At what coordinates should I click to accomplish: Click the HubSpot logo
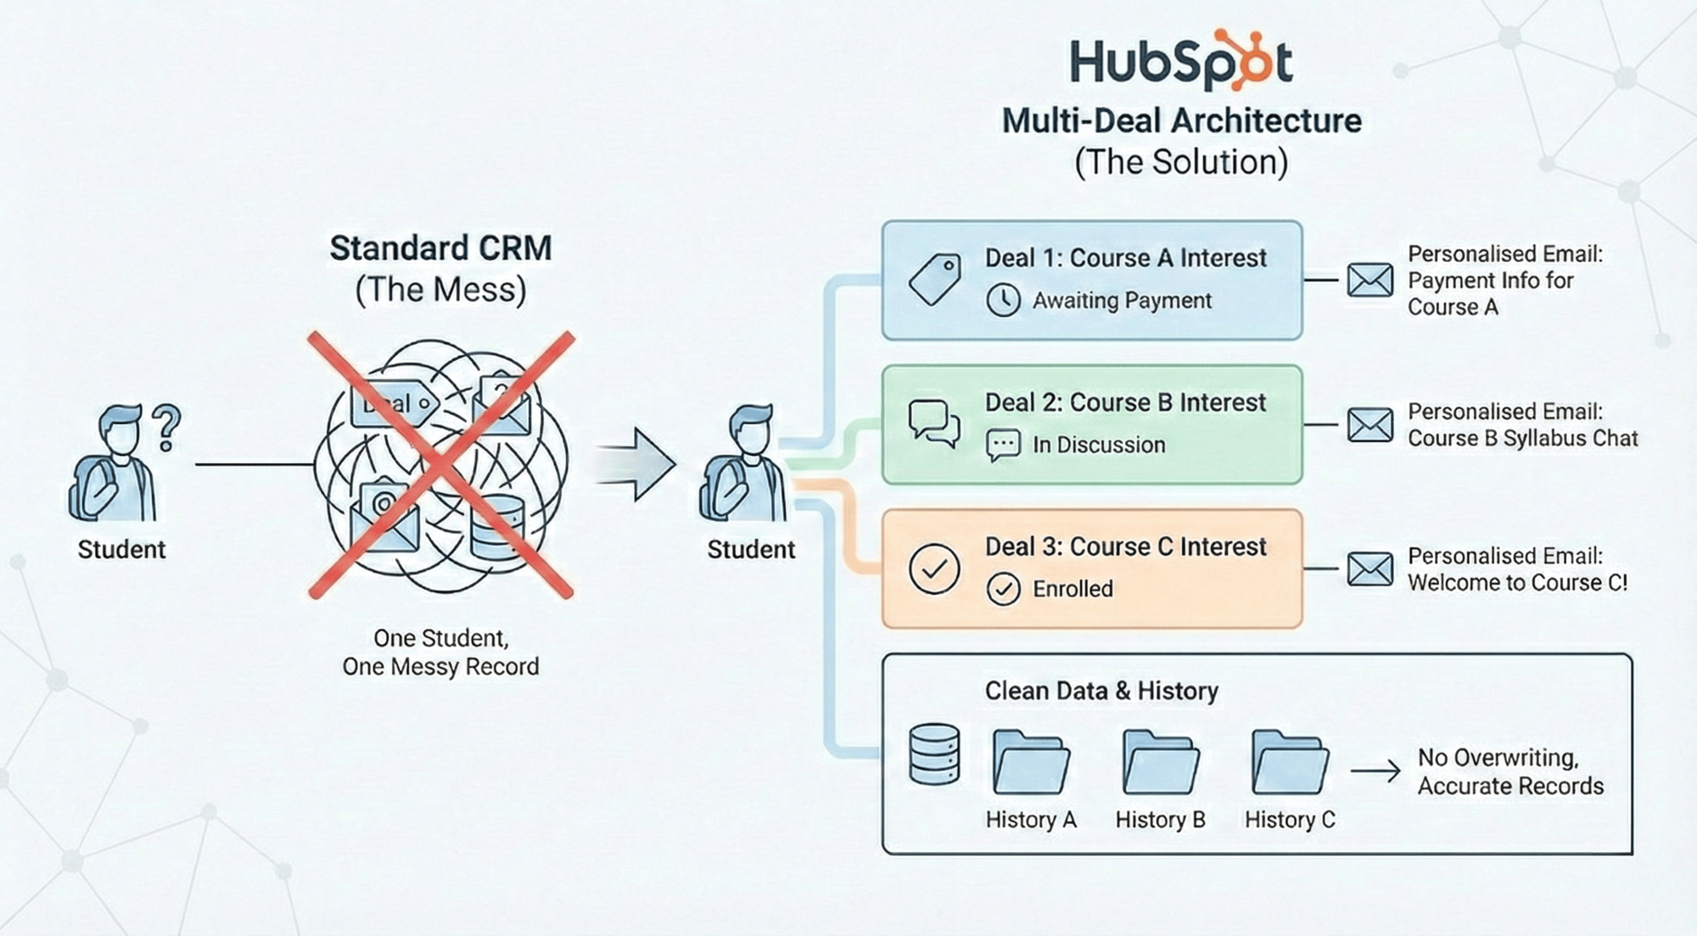(1180, 61)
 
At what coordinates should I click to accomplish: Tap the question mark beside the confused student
(166, 427)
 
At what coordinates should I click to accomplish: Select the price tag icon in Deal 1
(934, 279)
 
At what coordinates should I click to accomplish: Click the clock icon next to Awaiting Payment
(1003, 300)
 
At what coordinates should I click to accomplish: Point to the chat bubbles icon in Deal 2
(933, 423)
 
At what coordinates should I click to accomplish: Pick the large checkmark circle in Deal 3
(934, 569)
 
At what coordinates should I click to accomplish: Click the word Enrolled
(1073, 589)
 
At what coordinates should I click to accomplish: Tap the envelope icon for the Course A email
(1369, 280)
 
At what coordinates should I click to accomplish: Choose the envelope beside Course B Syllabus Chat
(1369, 425)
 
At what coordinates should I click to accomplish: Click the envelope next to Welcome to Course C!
(1369, 569)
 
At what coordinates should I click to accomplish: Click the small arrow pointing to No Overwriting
(1375, 771)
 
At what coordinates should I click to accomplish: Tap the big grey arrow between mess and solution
(636, 464)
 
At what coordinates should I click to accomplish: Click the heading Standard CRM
(440, 249)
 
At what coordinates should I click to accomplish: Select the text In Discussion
(1099, 445)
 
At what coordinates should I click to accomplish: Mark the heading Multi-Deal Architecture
(1181, 121)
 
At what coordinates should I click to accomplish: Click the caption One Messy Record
(440, 667)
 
